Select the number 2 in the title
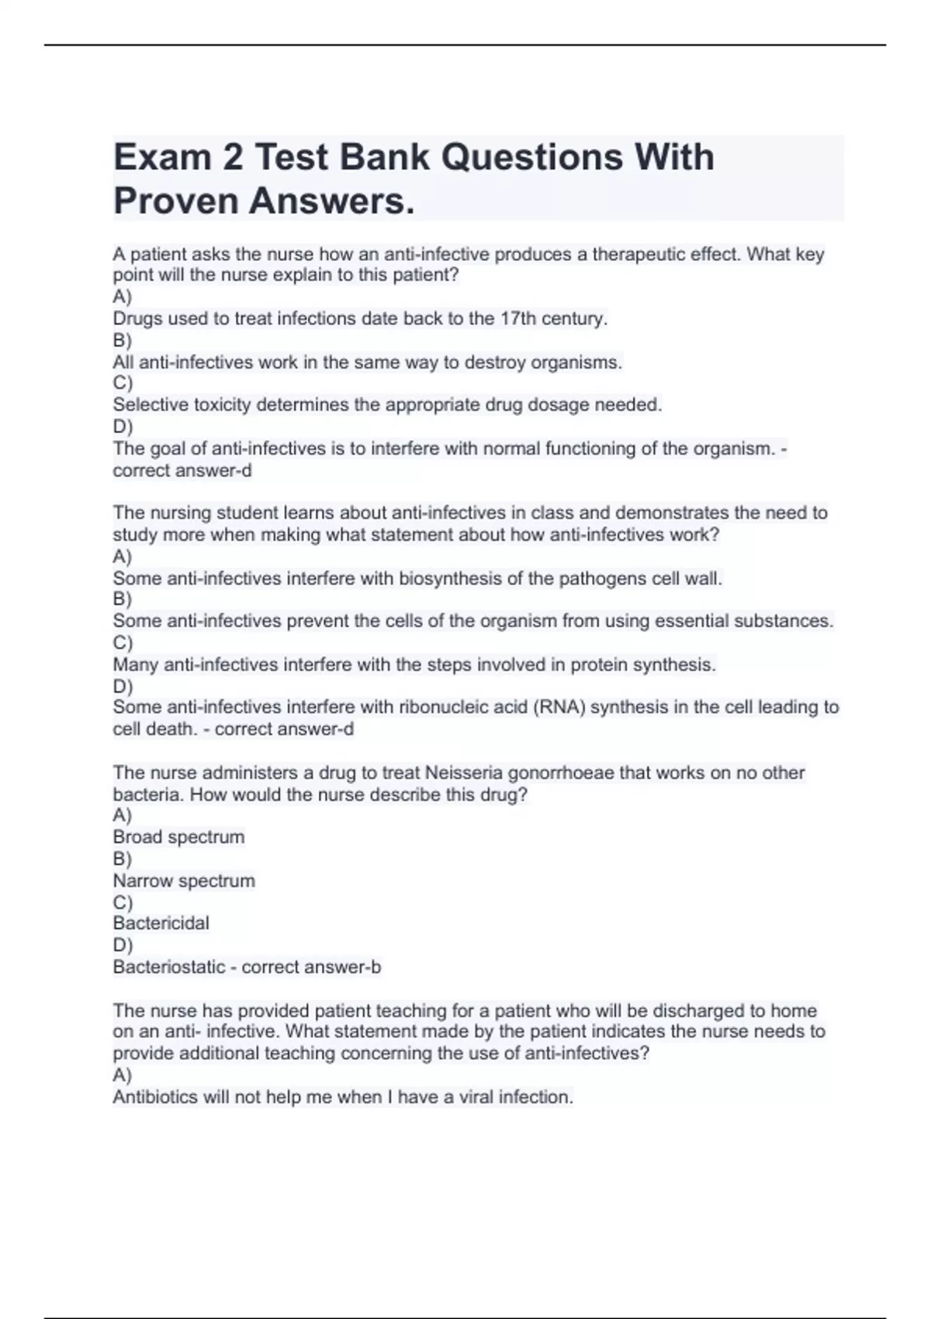tap(231, 158)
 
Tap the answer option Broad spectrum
tap(178, 837)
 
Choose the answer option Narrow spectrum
tap(184, 881)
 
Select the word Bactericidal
tap(161, 923)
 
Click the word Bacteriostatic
tap(169, 968)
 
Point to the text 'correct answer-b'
tap(311, 968)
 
